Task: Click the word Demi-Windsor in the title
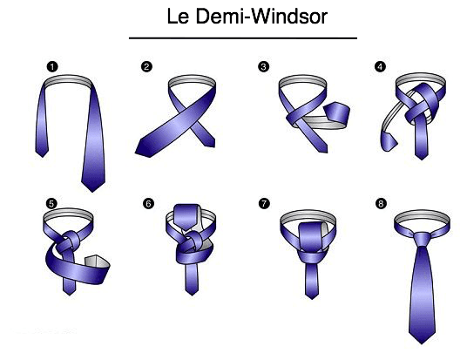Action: tap(261, 17)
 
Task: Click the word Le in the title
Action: tap(178, 17)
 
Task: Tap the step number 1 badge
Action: tap(52, 66)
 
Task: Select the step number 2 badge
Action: tap(146, 66)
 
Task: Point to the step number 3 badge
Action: tap(263, 66)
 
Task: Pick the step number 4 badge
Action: tap(380, 66)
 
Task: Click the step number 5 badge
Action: tap(51, 204)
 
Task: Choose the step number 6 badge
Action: tap(148, 204)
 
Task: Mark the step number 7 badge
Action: tap(264, 204)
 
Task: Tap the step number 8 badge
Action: tap(381, 204)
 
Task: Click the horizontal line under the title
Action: tap(243, 38)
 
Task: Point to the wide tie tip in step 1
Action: tap(92, 191)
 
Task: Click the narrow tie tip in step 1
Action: tap(42, 156)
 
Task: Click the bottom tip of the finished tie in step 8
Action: tap(422, 343)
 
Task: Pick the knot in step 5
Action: tap(70, 241)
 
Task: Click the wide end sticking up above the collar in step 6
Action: tap(186, 217)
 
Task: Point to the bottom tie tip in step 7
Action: tap(312, 298)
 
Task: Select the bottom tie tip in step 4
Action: tap(422, 159)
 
